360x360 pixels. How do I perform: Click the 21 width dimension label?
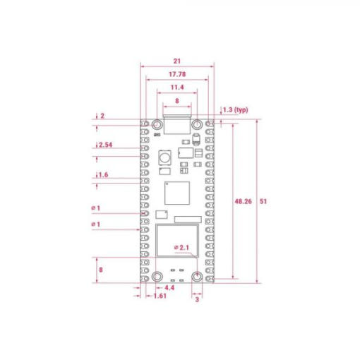pos(177,61)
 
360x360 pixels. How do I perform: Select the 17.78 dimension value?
pos(177,74)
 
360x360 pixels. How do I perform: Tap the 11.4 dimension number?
pos(177,88)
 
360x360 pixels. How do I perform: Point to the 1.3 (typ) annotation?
pos(236,110)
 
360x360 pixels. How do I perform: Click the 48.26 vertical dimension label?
pos(243,201)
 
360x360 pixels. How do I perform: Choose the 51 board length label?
pos(263,201)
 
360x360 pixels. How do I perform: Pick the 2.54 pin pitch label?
pos(105,145)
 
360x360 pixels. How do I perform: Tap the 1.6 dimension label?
pos(103,175)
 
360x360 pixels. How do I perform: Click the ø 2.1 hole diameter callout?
pos(181,248)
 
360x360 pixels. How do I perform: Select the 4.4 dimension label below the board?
pos(169,288)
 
